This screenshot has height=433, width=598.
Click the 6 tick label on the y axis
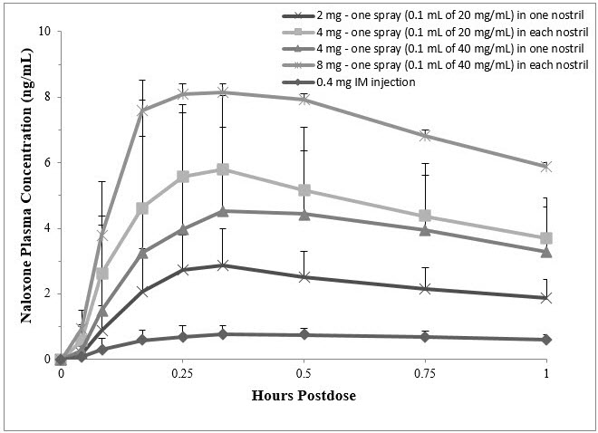click(47, 163)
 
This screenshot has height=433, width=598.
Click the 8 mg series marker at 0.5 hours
click(304, 99)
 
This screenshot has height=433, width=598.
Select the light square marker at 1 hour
click(545, 238)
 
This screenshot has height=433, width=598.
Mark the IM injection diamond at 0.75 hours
click(424, 337)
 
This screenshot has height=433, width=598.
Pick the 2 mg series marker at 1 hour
click(545, 297)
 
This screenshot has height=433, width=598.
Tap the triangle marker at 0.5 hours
click(304, 215)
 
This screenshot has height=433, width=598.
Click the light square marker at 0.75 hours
click(424, 216)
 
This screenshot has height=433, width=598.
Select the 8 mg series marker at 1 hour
click(545, 167)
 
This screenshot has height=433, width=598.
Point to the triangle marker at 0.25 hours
click(183, 229)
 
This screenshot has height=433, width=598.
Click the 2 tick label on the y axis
click(47, 293)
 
